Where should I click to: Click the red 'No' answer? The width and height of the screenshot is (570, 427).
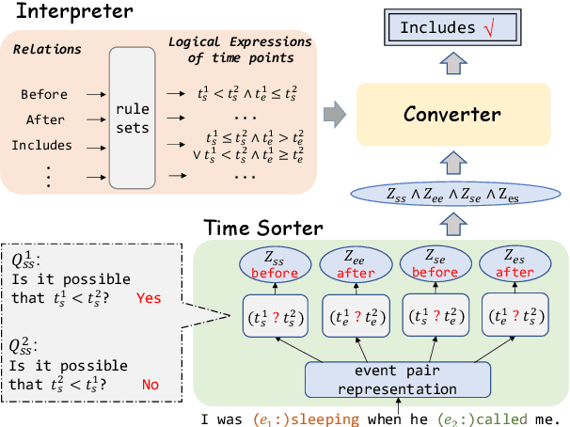pos(148,385)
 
